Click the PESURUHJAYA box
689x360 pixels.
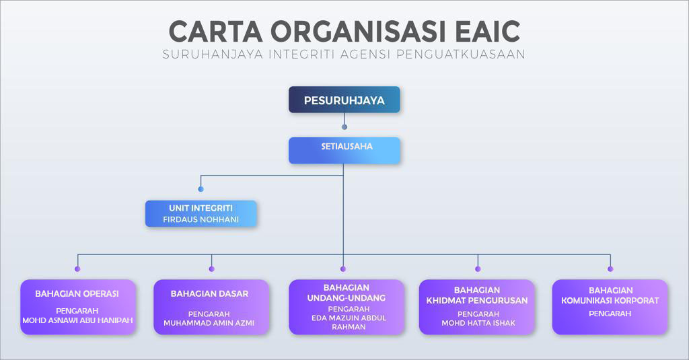click(x=344, y=100)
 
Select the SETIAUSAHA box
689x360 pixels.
click(x=344, y=150)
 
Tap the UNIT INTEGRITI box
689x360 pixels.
click(x=201, y=213)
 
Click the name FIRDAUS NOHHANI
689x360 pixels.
click(x=201, y=219)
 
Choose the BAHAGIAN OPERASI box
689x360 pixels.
click(x=78, y=307)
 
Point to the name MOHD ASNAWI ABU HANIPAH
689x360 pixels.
click(x=77, y=320)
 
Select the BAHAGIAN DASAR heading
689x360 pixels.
click(x=209, y=293)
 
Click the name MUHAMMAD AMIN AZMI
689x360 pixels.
click(x=209, y=323)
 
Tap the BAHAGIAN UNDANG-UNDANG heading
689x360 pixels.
click(x=347, y=293)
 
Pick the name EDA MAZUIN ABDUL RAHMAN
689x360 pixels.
click(x=349, y=322)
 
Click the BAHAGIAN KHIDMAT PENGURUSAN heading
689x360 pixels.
click(x=477, y=295)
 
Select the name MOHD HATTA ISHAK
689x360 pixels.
click(x=478, y=323)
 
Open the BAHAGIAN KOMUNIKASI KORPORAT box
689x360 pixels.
click(x=610, y=307)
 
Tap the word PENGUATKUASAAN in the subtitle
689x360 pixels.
click(x=461, y=54)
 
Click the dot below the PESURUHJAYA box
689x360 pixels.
click(x=344, y=127)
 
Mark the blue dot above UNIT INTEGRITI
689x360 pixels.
click(x=201, y=189)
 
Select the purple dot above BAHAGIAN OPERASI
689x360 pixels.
click(x=77, y=268)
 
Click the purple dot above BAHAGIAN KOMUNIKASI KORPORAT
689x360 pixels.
click(x=610, y=268)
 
